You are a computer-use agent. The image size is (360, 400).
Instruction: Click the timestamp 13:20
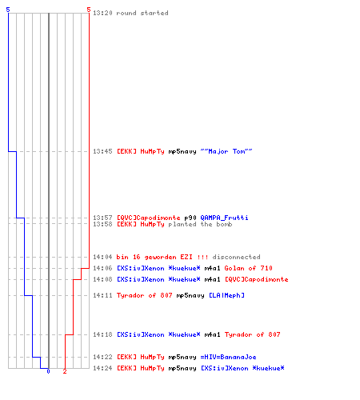tap(102, 13)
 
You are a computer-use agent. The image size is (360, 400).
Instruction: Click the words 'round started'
tap(142, 13)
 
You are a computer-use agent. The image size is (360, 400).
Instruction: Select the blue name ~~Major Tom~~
tap(226, 151)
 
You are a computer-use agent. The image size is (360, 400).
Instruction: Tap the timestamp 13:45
tap(102, 151)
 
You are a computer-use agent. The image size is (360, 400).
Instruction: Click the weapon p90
tap(190, 218)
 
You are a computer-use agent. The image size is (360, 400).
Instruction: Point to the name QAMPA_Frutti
tap(224, 218)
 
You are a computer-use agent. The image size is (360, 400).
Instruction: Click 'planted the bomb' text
tap(200, 224)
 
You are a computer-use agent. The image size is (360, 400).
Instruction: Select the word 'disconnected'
tap(236, 257)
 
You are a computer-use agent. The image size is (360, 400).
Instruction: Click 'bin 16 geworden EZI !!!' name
tap(162, 257)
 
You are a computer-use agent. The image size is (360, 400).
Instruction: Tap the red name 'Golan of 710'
tap(248, 268)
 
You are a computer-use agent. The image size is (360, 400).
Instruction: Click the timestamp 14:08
tap(102, 279)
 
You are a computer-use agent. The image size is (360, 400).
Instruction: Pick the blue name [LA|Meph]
tap(226, 295)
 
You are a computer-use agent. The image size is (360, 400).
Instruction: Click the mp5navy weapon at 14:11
tap(190, 295)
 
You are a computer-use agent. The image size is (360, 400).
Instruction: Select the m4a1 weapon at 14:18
tap(212, 334)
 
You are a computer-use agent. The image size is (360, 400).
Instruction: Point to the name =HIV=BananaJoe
tap(228, 357)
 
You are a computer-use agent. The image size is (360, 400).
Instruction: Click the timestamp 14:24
tap(102, 368)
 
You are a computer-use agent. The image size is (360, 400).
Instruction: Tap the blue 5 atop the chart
tap(8, 10)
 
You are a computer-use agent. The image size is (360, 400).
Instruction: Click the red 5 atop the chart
tap(89, 10)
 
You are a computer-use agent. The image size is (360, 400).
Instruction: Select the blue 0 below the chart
tap(48, 371)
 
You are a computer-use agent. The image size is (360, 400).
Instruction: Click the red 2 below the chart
tap(65, 371)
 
